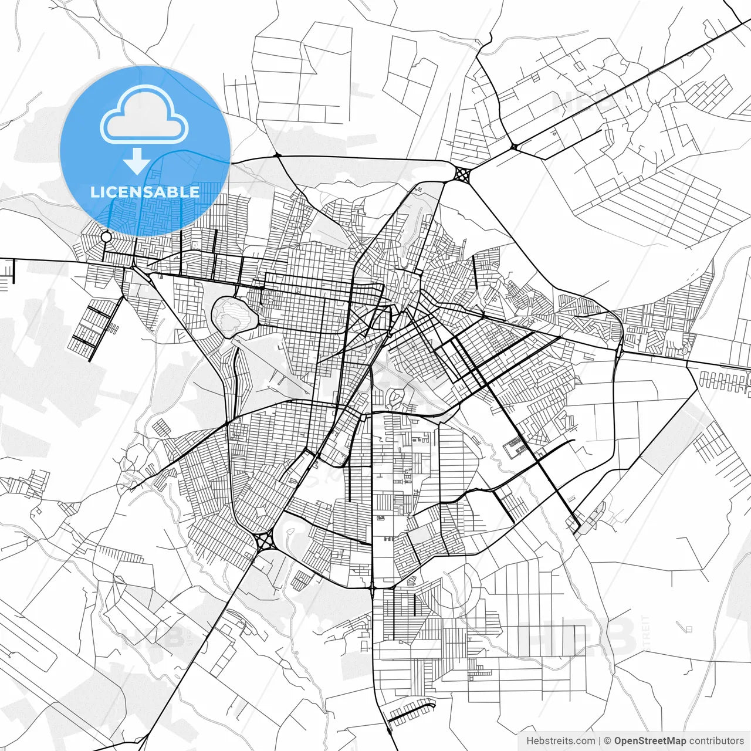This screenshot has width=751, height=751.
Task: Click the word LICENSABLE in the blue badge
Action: pos(145,192)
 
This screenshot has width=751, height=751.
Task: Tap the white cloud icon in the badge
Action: pos(144,115)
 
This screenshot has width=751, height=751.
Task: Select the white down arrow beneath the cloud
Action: pos(137,161)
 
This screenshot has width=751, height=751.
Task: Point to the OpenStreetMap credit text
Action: pos(650,741)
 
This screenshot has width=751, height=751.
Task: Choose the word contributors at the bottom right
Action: pos(716,741)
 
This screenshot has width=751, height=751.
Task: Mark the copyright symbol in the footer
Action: pos(608,741)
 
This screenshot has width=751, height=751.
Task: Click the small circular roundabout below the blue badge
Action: pos(106,236)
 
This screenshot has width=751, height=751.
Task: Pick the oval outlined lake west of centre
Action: pos(235,316)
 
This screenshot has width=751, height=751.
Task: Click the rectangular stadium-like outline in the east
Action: pos(515,447)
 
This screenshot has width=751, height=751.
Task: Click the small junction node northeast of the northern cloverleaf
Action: pos(514,147)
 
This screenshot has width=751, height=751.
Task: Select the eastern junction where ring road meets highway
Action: pos(619,351)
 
